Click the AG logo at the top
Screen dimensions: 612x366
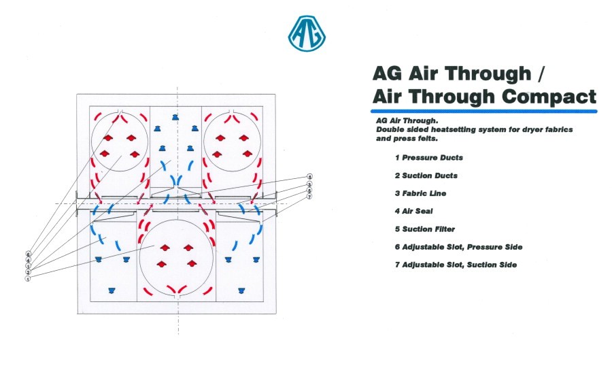pos(307,33)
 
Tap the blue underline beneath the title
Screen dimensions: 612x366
pos(484,112)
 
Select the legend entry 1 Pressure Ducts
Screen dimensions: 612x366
pos(428,158)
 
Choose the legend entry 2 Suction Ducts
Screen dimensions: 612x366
pos(426,176)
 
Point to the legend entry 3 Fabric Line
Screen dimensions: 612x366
pos(420,193)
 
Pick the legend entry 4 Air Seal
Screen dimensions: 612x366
pos(413,212)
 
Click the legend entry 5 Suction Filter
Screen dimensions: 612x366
pos(424,229)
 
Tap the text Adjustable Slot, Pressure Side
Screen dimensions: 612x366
pos(462,247)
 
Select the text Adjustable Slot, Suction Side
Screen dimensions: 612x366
pos(460,265)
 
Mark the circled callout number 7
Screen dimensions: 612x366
pos(309,197)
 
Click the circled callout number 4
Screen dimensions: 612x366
pos(28,260)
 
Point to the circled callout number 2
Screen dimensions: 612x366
pos(28,272)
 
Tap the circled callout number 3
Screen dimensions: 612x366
pos(309,184)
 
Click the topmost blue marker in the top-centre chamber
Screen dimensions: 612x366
pos(175,117)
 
